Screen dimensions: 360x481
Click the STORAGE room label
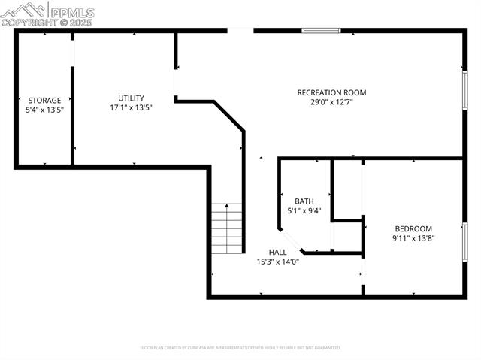click(44, 100)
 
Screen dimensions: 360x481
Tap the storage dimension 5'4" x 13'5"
click(44, 110)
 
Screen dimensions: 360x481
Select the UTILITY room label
click(131, 98)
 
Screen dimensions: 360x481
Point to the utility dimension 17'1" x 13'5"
click(131, 107)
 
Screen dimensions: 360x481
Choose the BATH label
click(304, 201)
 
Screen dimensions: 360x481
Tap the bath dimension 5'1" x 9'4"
click(304, 210)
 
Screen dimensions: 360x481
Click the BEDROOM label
click(413, 228)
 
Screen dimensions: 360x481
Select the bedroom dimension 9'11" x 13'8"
click(413, 238)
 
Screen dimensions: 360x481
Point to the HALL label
click(277, 252)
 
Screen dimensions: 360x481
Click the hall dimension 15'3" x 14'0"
click(277, 262)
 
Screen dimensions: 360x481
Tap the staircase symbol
click(226, 228)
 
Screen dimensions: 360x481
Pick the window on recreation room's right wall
click(464, 91)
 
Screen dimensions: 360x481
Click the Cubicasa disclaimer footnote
click(240, 348)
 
